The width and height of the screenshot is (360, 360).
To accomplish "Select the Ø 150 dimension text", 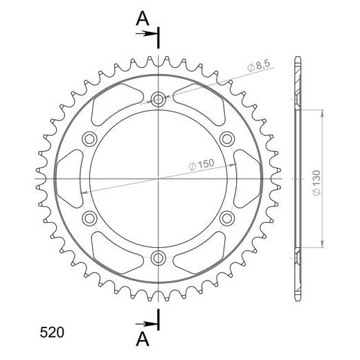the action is click(x=201, y=164).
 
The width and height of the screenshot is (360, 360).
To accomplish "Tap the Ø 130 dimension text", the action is click(x=317, y=183).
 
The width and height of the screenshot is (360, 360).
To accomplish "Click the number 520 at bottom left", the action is click(x=52, y=332).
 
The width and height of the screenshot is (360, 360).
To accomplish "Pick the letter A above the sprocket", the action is click(x=143, y=19).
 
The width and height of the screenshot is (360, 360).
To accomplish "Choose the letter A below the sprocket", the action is click(x=143, y=339).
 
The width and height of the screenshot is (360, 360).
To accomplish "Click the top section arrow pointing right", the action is click(x=146, y=34).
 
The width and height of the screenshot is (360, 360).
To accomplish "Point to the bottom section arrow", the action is click(x=146, y=324).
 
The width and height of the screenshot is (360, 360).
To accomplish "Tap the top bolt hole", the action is click(x=158, y=99).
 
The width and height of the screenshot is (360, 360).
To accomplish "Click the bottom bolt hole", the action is click(x=158, y=258).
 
